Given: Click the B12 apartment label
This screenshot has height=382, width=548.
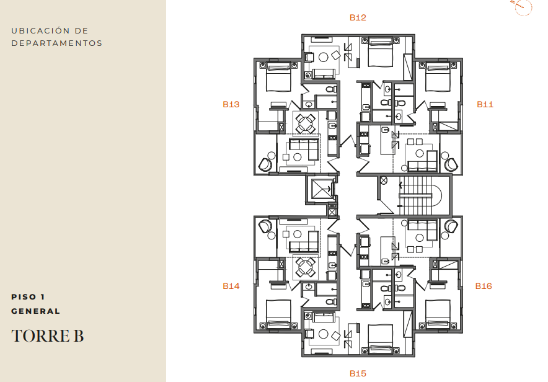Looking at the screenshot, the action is click(358, 17).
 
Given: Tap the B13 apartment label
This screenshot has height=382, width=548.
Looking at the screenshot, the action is click(231, 104).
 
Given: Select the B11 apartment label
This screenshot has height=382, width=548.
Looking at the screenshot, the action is click(485, 104).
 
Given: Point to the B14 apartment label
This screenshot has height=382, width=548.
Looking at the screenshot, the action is click(231, 286).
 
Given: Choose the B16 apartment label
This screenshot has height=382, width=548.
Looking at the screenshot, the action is click(484, 286).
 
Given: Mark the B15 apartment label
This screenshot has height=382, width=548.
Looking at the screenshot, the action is click(358, 373).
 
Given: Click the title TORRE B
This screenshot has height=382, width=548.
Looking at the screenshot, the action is click(48, 336).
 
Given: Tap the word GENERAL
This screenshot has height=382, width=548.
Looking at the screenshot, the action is click(36, 311).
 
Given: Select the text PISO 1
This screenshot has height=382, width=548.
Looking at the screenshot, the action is click(28, 296).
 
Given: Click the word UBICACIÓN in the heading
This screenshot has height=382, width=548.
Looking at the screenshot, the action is click(40, 31).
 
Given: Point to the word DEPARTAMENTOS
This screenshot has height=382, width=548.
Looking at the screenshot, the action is click(56, 43).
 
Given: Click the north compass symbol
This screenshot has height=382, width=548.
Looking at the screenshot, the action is click(522, 7).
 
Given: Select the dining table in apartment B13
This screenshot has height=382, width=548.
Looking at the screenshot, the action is click(306, 123).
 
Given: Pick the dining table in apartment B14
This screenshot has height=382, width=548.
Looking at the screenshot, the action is click(306, 268).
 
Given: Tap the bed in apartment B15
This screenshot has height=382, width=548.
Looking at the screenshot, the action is click(380, 339).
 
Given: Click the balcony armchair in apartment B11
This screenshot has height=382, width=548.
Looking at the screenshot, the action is click(451, 164).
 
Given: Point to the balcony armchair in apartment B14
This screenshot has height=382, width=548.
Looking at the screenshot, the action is click(265, 226).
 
